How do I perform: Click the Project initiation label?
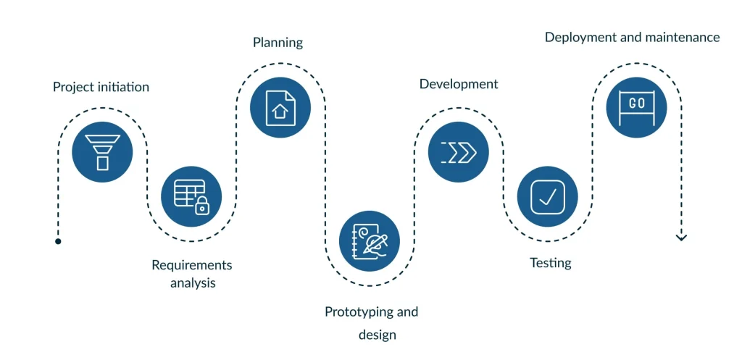pyautogui.click(x=101, y=87)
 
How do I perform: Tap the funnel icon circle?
pyautogui.click(x=102, y=152)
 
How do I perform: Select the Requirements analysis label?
pyautogui.click(x=191, y=274)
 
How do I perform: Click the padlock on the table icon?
pyautogui.click(x=202, y=206)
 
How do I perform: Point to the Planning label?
pyautogui.click(x=278, y=43)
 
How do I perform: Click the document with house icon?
pyautogui.click(x=280, y=107)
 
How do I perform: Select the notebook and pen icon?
pyautogui.click(x=370, y=240)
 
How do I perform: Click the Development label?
pyautogui.click(x=459, y=84)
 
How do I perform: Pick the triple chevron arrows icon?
pyautogui.click(x=459, y=152)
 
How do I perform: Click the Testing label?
pyautogui.click(x=551, y=262)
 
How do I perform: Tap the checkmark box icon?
pyautogui.click(x=548, y=196)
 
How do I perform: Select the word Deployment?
pyautogui.click(x=580, y=38)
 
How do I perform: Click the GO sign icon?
pyautogui.click(x=636, y=107)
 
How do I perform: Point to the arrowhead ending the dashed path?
pyautogui.click(x=681, y=237)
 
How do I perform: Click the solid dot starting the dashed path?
pyautogui.click(x=58, y=241)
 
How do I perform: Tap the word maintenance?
pyautogui.click(x=682, y=38)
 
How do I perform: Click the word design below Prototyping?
pyautogui.click(x=377, y=335)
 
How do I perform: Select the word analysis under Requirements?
pyautogui.click(x=193, y=283)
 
